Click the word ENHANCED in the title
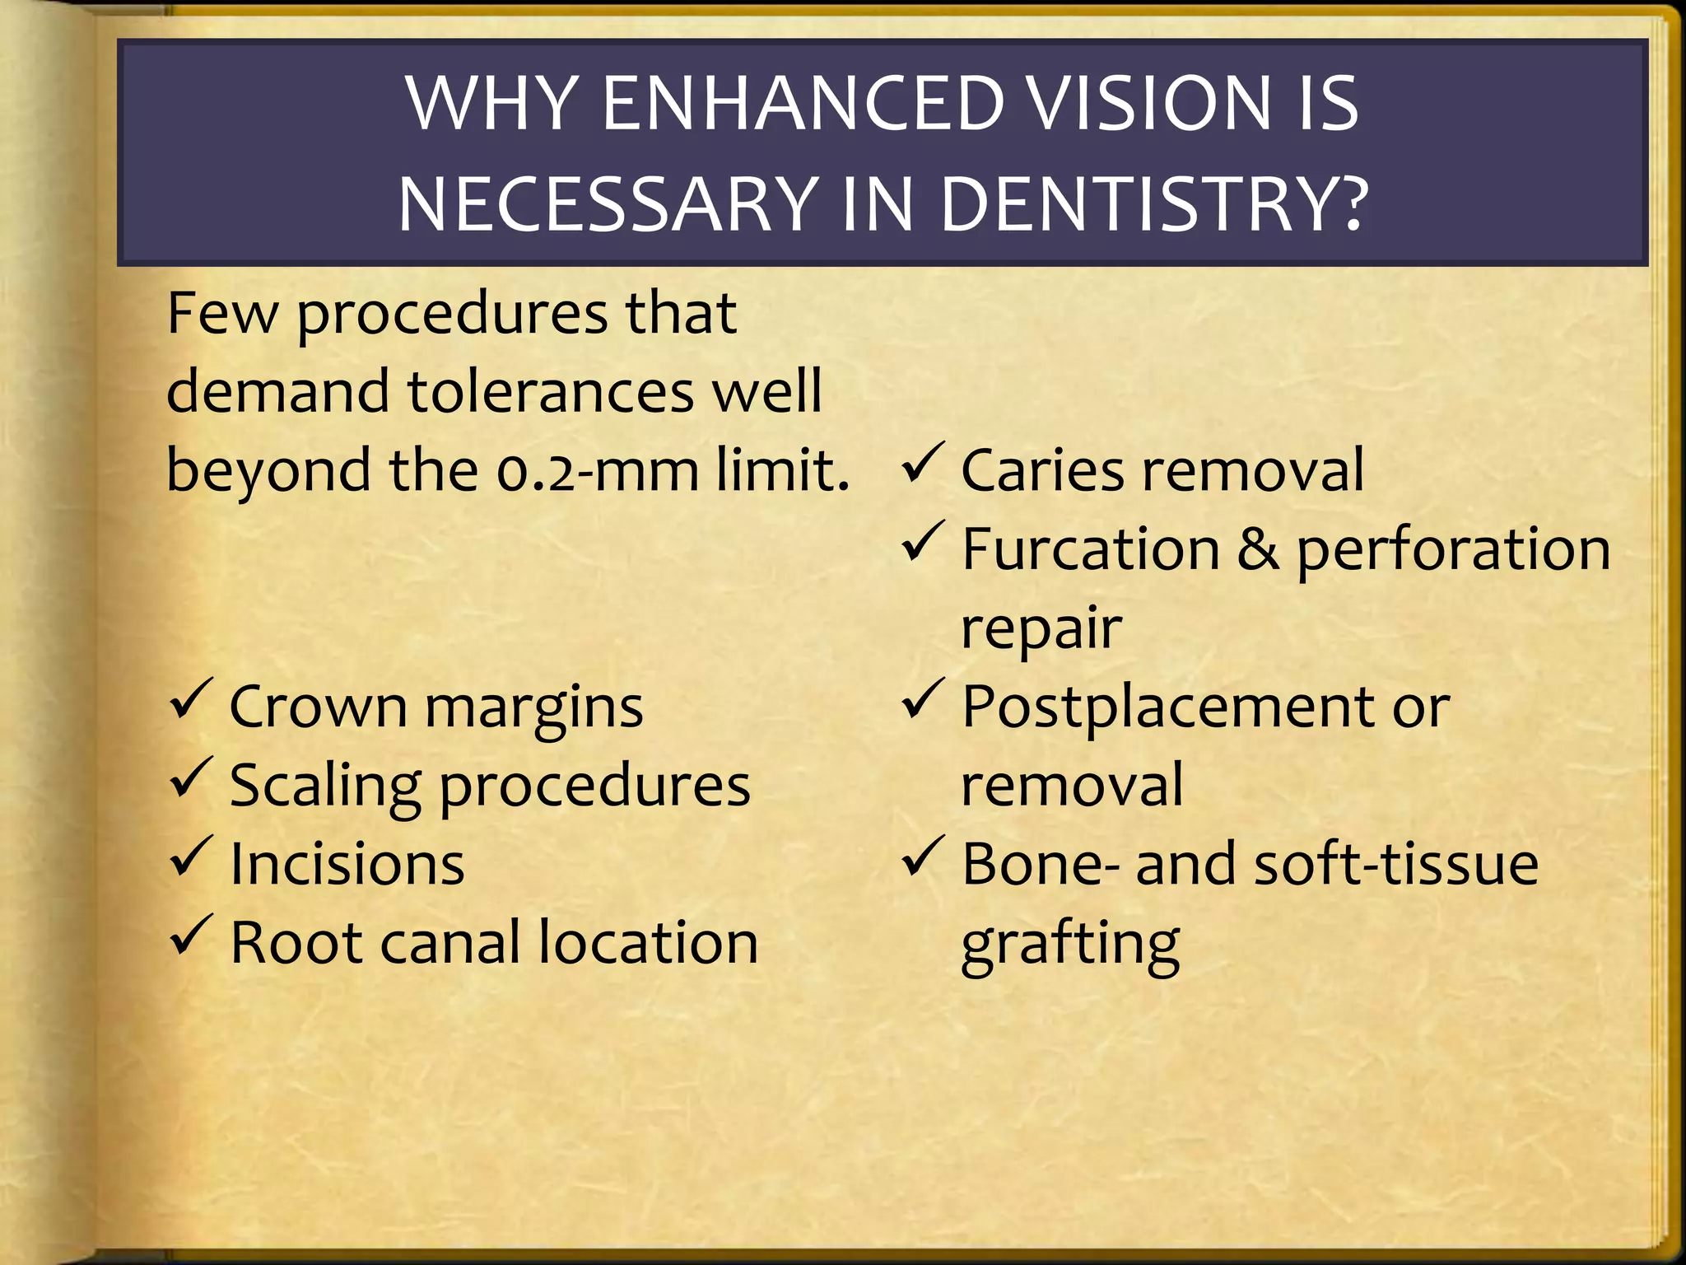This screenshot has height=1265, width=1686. pos(803,104)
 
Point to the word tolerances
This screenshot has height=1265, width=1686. pos(551,392)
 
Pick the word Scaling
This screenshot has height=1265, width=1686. pos(325,787)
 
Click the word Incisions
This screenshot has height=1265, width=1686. pos(347,864)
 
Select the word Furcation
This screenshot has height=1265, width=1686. pos(1090,549)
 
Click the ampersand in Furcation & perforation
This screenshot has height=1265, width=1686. pos(1258,549)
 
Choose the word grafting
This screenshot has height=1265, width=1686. pos(1070,945)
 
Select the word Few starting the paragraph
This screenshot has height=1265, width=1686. pos(221,314)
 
